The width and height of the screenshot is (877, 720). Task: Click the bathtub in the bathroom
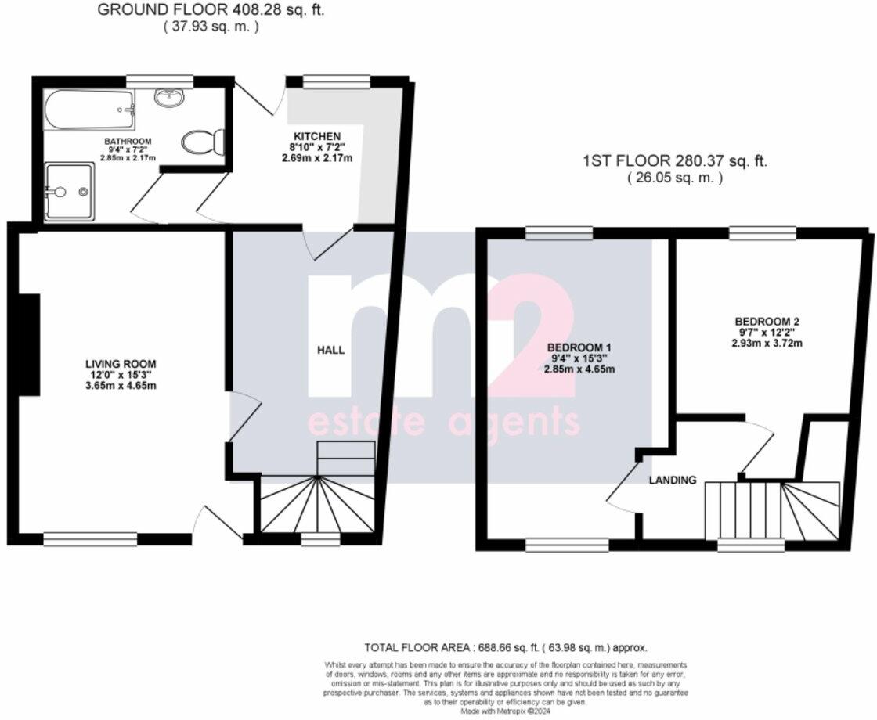(x=88, y=110)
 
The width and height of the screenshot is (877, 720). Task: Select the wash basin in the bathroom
(x=169, y=98)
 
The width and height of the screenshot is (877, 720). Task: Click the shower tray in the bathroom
(x=70, y=191)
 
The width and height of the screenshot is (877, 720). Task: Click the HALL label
(x=331, y=350)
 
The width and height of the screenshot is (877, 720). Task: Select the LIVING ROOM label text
(x=121, y=363)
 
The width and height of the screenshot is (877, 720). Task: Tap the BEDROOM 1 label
(x=579, y=347)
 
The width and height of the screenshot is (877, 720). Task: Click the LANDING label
(x=672, y=480)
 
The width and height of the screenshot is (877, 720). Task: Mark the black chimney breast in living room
(x=29, y=344)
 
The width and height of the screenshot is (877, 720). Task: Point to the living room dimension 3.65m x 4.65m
(x=121, y=385)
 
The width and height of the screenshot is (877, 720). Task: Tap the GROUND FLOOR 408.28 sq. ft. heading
(x=211, y=10)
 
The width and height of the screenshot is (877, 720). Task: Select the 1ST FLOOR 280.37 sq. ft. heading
(x=675, y=162)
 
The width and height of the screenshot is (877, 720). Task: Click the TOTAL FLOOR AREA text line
(x=506, y=648)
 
